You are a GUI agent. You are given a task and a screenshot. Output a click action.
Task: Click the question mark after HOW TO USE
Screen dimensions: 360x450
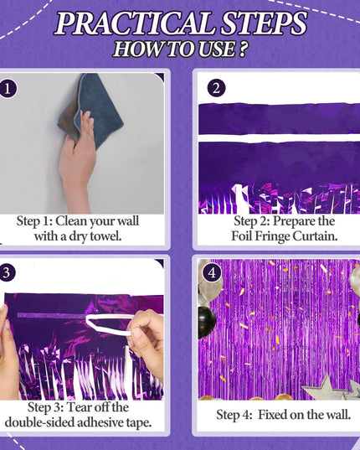[243, 49]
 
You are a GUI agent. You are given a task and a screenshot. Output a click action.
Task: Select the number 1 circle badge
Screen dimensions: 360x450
[8, 89]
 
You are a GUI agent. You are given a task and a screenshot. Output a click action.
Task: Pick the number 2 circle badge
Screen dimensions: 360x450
[216, 88]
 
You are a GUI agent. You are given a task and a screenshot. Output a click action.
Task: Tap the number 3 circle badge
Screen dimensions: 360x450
[7, 272]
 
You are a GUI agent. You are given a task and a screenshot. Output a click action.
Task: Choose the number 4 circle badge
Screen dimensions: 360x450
[212, 272]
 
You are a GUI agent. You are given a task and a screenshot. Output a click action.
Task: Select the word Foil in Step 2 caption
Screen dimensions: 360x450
[242, 236]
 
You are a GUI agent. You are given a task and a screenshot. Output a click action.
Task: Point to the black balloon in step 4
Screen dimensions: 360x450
[207, 322]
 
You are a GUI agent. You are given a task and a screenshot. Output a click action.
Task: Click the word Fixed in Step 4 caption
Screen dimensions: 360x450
[272, 415]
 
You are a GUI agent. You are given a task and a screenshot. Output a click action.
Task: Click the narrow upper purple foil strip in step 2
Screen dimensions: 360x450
[279, 118]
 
